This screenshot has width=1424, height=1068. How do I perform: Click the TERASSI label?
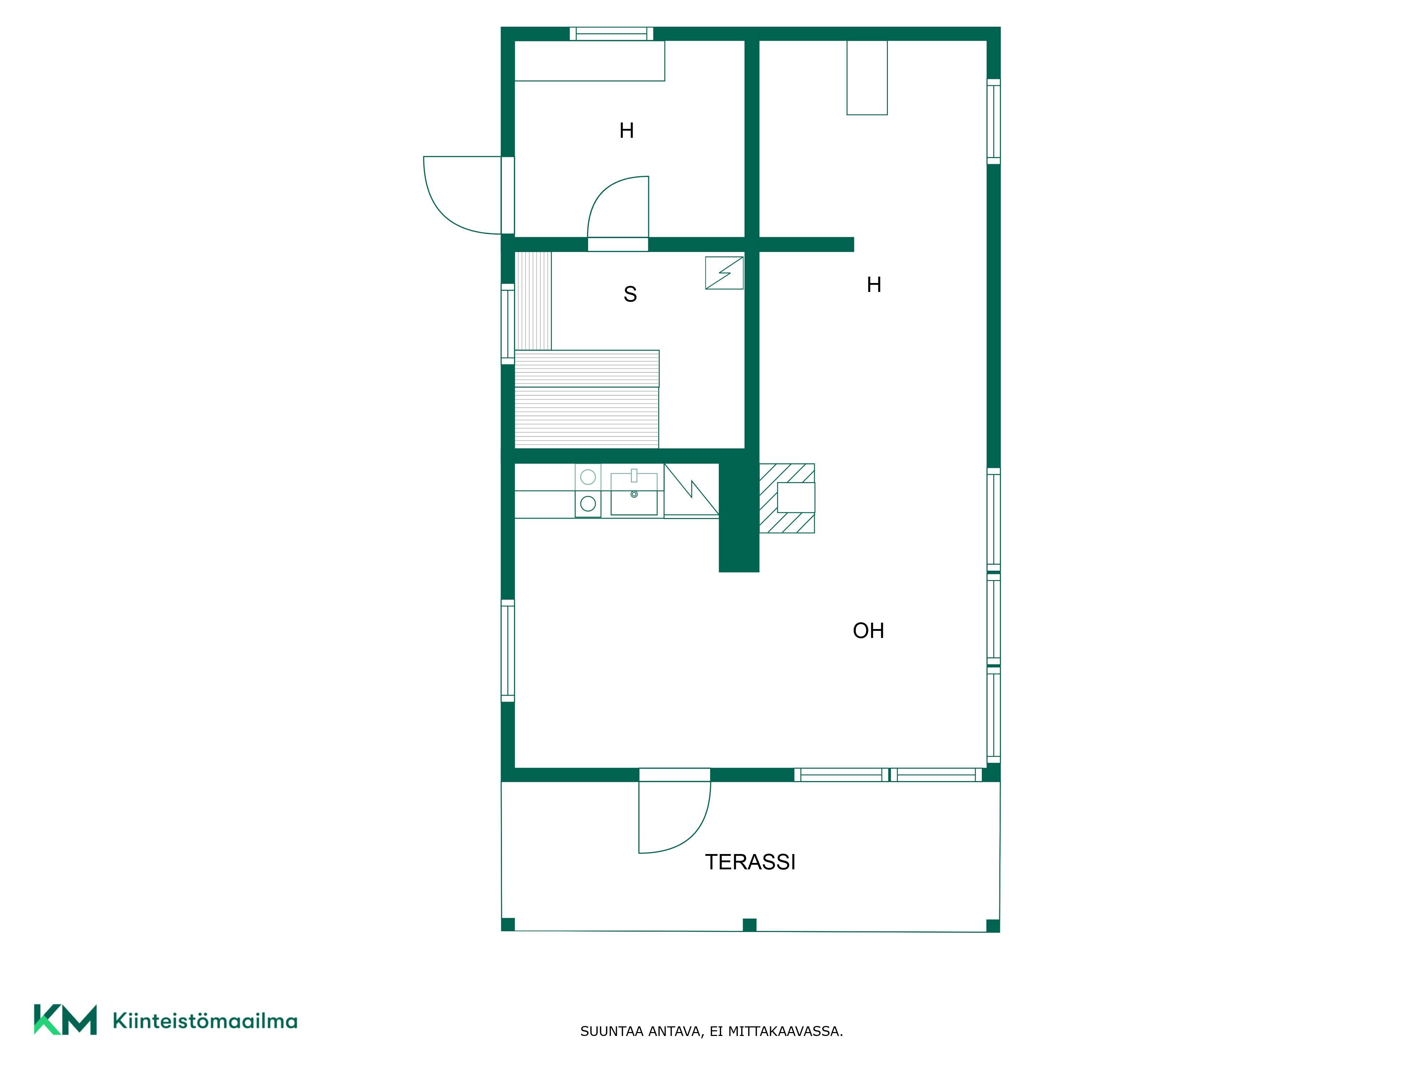(x=750, y=862)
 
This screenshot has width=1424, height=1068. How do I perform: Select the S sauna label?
(x=630, y=294)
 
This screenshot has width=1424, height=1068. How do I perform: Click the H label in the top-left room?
(x=626, y=131)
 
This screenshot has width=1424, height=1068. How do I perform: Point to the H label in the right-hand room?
(x=874, y=284)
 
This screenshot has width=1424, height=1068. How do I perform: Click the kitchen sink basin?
(x=634, y=494)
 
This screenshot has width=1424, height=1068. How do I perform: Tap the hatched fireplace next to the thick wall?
(x=787, y=498)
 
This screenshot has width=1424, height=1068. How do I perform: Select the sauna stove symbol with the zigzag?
(x=724, y=273)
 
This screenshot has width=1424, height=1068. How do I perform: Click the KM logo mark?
(x=65, y=1020)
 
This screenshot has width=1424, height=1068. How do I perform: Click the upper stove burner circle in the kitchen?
(x=588, y=477)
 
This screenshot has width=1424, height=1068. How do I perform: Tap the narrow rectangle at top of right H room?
(x=867, y=78)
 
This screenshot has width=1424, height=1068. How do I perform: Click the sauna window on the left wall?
(x=508, y=324)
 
